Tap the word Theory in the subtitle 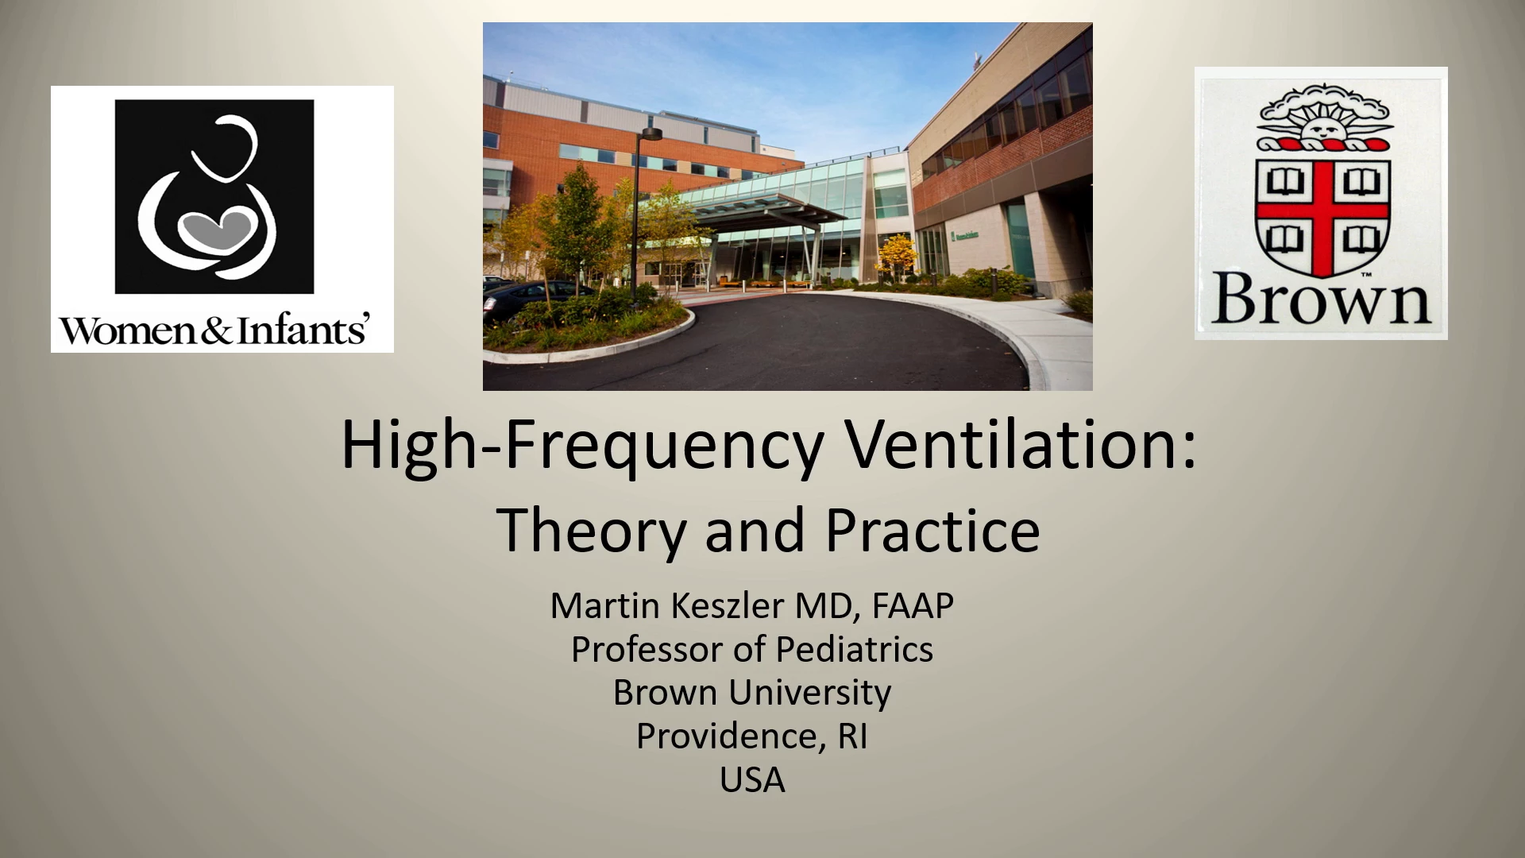596,531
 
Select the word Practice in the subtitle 932,530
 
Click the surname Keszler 728,606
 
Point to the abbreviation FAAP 913,606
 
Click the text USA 752,780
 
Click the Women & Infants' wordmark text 215,330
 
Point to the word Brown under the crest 1320,300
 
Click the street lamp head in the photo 651,133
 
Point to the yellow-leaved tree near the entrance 897,254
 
